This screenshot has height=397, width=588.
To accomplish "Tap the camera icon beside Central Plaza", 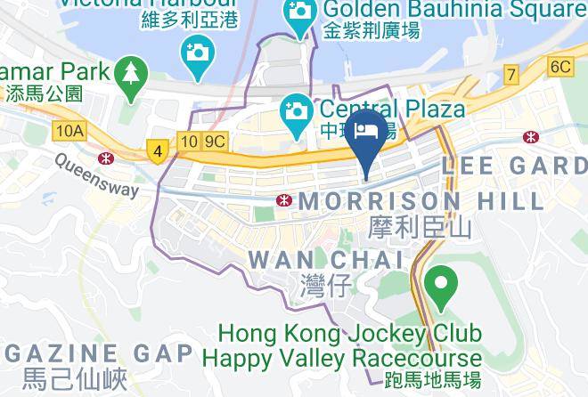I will [294, 113].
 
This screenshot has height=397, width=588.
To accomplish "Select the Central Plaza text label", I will [388, 109].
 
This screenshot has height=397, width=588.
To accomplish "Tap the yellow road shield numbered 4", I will [158, 152].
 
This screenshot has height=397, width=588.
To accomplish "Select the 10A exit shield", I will [69, 131].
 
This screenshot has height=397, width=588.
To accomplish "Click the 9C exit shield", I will [215, 141].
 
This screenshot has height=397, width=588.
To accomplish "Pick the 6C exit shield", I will [559, 67].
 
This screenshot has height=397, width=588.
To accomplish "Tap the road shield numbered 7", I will [511, 75].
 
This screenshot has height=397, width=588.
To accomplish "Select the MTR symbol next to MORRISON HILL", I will [286, 198].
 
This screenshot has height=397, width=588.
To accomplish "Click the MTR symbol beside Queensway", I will [106, 158].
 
